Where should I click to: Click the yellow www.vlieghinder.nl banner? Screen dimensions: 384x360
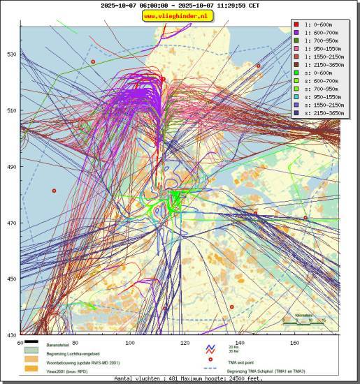[180, 15]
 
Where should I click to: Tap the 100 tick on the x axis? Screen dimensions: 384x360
[129, 343]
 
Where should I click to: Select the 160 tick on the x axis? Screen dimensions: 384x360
[294, 343]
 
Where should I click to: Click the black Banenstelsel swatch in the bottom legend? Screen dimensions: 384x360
[31, 346]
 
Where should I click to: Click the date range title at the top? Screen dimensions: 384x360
[180, 5]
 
